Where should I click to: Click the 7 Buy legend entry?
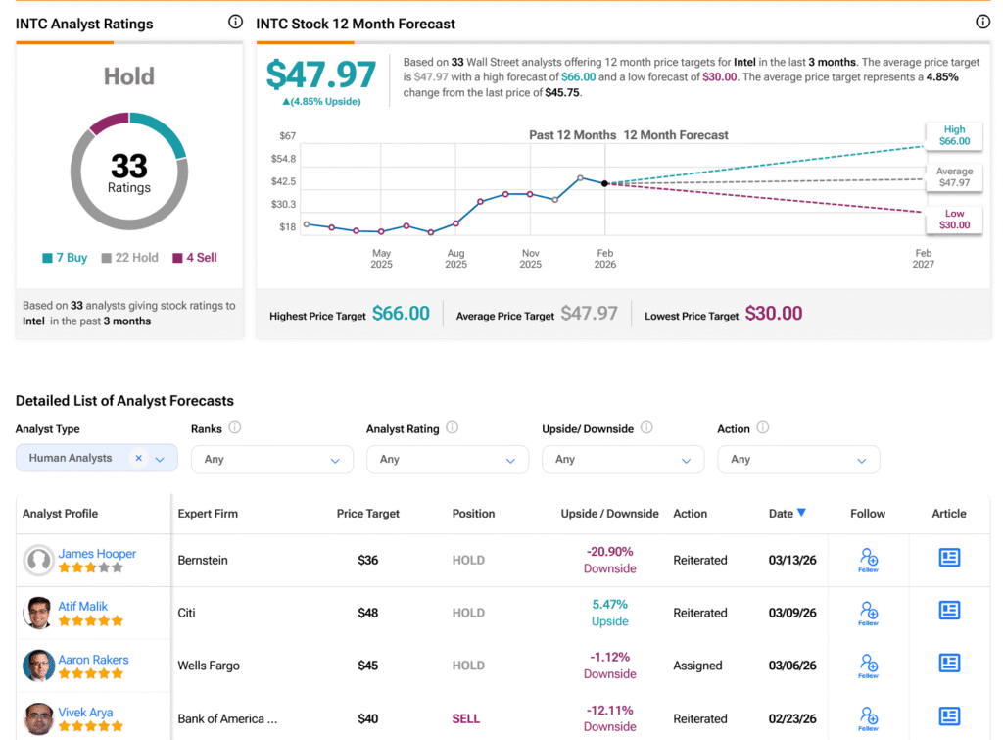click(65, 258)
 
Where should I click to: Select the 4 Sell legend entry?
click(195, 258)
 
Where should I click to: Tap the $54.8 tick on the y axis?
click(283, 158)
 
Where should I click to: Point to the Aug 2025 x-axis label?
click(456, 259)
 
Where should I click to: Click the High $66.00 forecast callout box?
click(954, 135)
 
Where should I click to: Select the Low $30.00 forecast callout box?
click(954, 219)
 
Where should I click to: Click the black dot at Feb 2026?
click(604, 183)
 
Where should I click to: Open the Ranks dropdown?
click(272, 459)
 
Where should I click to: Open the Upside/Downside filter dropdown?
click(623, 459)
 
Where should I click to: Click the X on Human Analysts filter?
click(139, 458)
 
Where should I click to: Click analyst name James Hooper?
click(97, 553)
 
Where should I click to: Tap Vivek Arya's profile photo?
click(39, 718)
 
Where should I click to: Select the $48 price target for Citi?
click(368, 613)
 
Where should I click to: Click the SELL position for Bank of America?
click(465, 718)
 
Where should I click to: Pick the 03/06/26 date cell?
click(792, 666)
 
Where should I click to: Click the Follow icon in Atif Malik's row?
click(868, 613)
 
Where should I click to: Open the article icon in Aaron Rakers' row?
click(949, 663)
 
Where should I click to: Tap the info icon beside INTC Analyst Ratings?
click(235, 22)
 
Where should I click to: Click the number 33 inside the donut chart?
click(129, 166)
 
